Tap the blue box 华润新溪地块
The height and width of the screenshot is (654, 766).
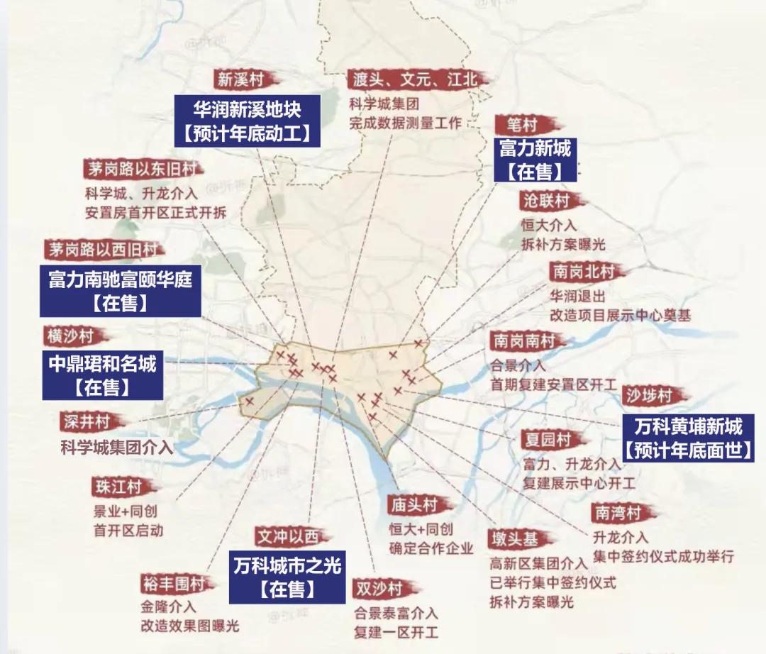pyautogui.click(x=248, y=121)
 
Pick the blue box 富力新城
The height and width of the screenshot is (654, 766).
pyautogui.click(x=535, y=160)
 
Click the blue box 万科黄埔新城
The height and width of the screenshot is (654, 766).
pyautogui.click(x=687, y=438)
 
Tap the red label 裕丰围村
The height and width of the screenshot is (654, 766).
pyautogui.click(x=172, y=584)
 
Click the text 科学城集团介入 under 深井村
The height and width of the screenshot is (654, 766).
pyautogui.click(x=116, y=448)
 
